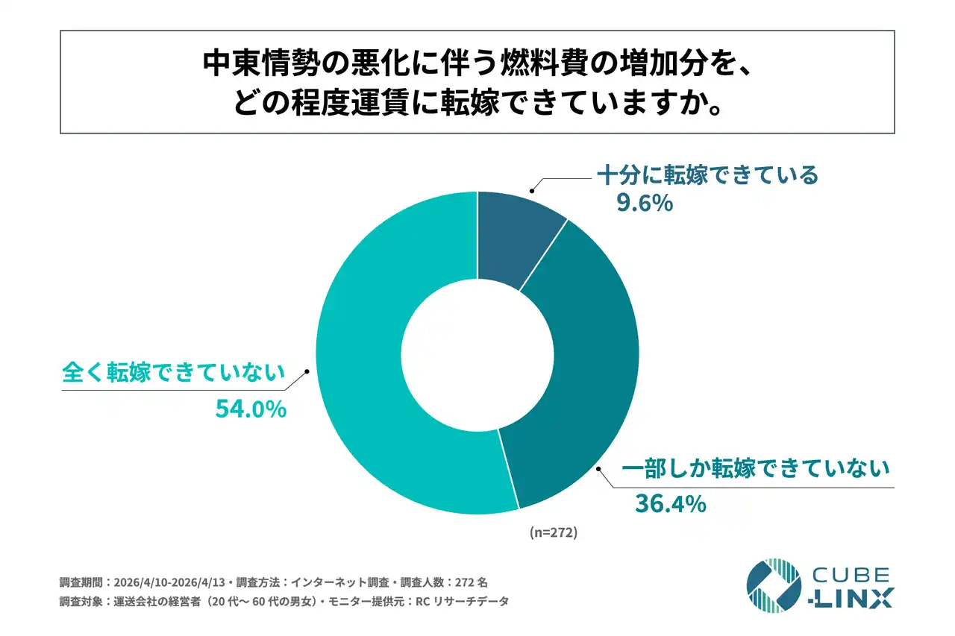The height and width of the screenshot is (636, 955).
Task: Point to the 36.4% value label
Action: tap(669, 504)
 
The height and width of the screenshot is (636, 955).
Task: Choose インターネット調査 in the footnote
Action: tap(334, 582)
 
